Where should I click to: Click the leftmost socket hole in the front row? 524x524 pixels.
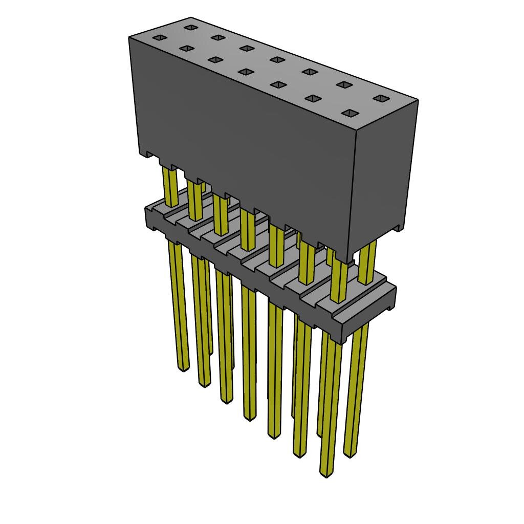(x=160, y=37)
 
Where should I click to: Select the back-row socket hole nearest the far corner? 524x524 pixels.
(x=191, y=27)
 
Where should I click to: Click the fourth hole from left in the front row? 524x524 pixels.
(x=246, y=72)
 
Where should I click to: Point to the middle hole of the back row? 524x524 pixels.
(x=277, y=59)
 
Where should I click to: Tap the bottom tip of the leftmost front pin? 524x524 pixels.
(x=183, y=368)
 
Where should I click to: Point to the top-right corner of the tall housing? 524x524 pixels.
(x=418, y=100)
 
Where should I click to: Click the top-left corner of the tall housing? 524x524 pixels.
(x=129, y=37)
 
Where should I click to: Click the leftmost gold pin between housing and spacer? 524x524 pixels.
(x=170, y=187)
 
